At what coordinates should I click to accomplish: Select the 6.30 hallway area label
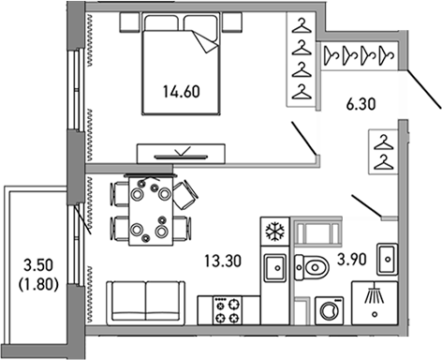coord(362,108)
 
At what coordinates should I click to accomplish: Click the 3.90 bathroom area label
coord(349,260)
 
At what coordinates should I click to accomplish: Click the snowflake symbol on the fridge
coord(275,231)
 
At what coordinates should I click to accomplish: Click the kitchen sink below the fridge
coord(275,268)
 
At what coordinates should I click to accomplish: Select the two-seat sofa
coord(146,301)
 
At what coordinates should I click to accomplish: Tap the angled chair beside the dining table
coord(186,193)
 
